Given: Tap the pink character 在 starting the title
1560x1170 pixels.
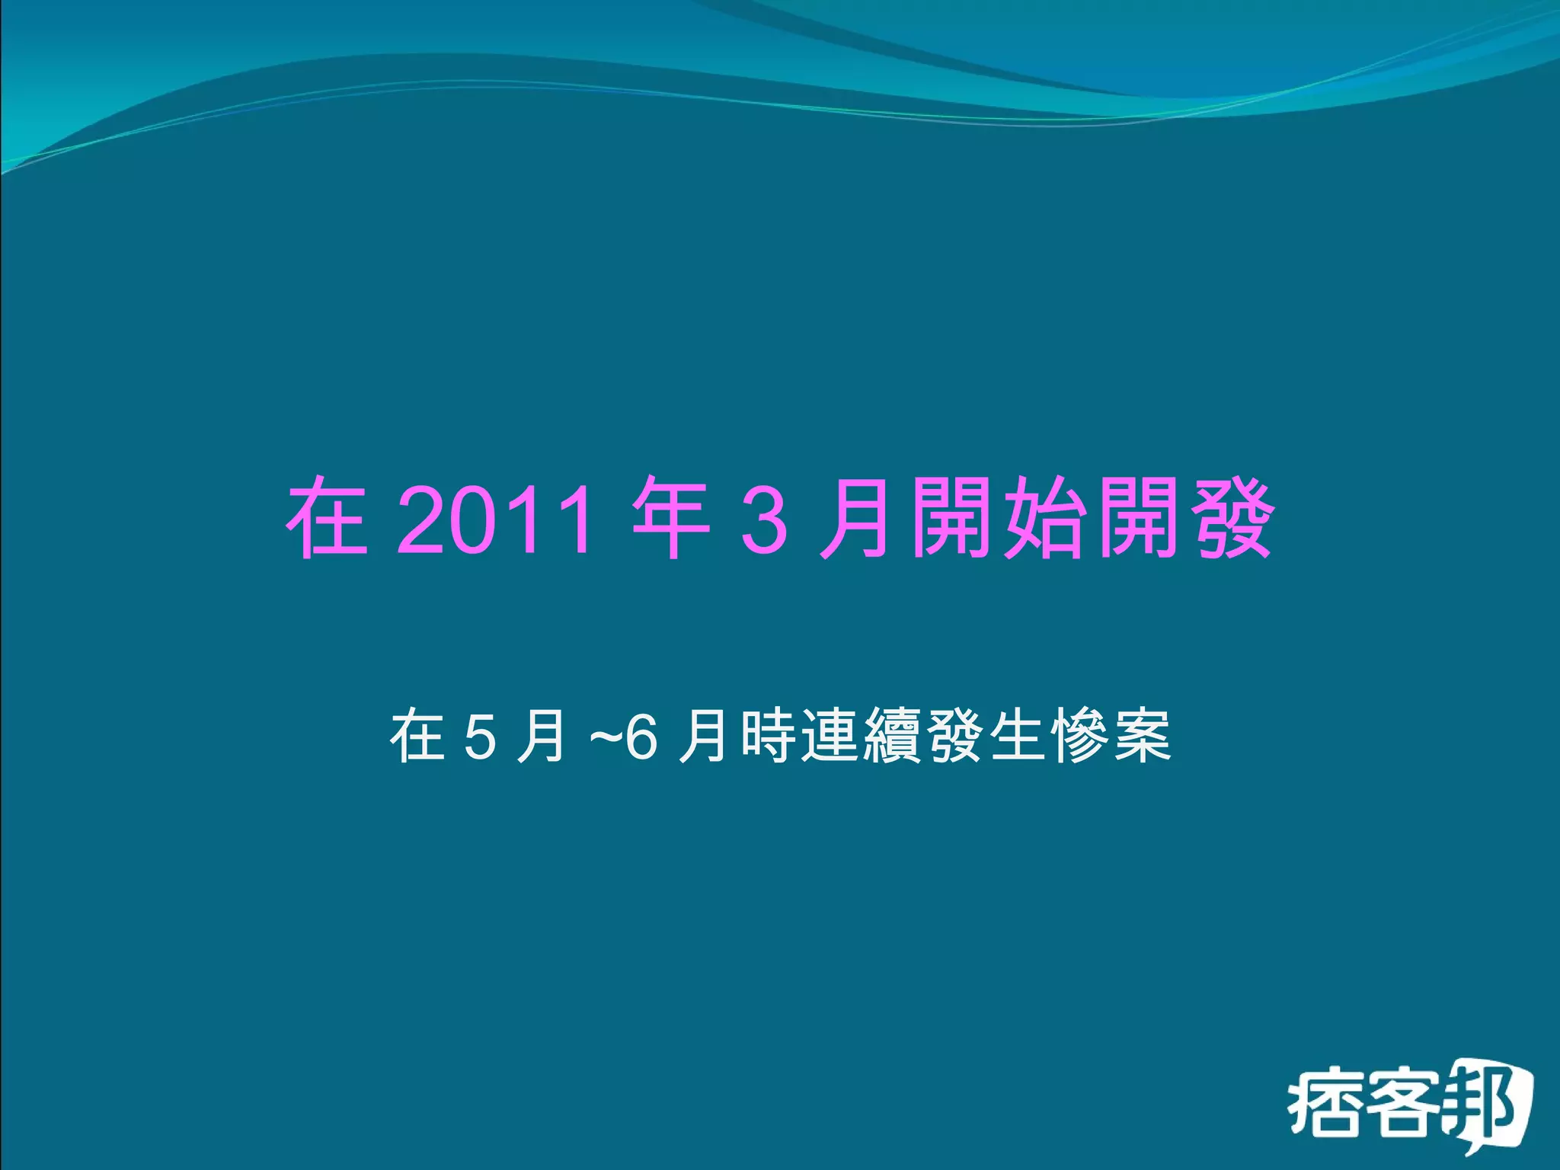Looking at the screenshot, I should [x=327, y=519].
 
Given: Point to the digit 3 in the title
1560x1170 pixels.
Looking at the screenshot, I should [x=763, y=521].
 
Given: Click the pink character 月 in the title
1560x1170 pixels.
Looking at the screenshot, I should [x=855, y=519].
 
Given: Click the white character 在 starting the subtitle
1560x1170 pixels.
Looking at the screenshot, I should [x=417, y=736].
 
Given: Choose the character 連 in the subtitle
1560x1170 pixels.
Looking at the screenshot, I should [x=830, y=736].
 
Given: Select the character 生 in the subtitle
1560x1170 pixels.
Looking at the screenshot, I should [x=1018, y=736].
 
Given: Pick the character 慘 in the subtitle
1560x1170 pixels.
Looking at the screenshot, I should [x=1080, y=736].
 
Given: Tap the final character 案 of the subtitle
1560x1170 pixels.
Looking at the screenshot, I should [x=1143, y=736].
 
